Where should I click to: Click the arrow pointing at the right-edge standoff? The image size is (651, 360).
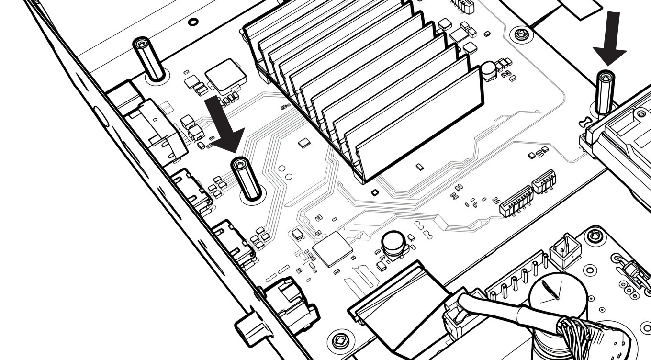(609, 38)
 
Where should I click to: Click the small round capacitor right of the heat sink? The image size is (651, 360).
(488, 70)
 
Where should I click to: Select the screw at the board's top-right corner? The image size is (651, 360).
(520, 34)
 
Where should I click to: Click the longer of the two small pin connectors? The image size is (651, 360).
(516, 201)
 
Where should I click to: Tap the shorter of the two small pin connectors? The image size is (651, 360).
(544, 181)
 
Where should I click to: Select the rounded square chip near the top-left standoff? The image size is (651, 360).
(225, 74)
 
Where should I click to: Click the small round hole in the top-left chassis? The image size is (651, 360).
(193, 22)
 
